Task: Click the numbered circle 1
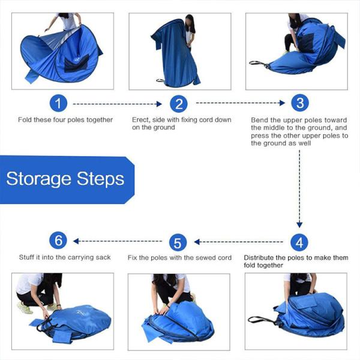click(x=58, y=104)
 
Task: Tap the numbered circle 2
click(x=178, y=104)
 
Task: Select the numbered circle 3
click(x=299, y=103)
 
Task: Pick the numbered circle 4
click(x=299, y=242)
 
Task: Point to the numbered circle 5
click(x=178, y=243)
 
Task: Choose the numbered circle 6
click(x=58, y=241)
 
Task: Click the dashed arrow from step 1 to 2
click(x=117, y=104)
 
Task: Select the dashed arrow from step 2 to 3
click(x=239, y=103)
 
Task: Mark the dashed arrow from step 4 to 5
click(x=239, y=242)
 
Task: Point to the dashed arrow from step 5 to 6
click(x=118, y=241)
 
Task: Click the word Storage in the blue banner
click(x=40, y=179)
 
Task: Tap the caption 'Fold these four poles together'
click(x=65, y=120)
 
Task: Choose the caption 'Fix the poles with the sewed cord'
click(x=179, y=259)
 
